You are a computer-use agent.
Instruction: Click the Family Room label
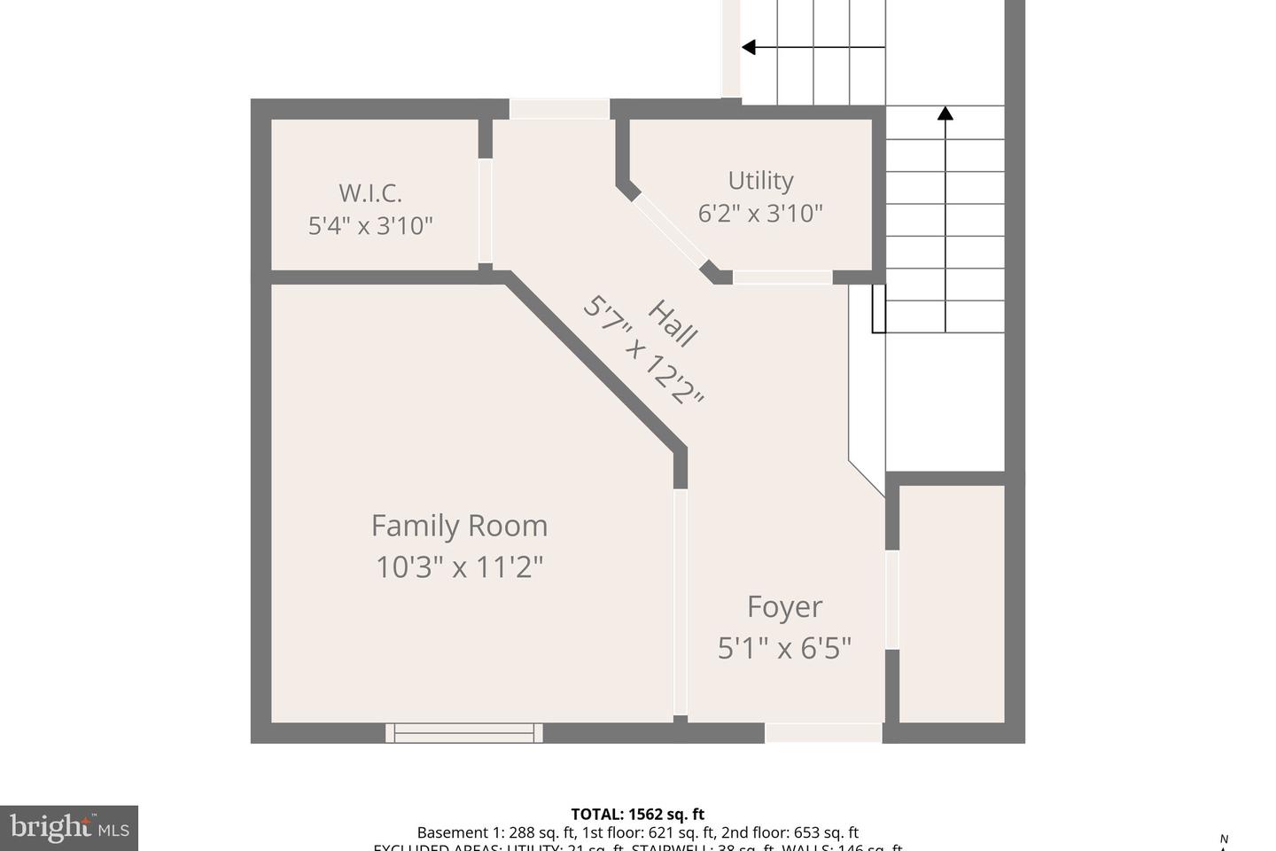[459, 526]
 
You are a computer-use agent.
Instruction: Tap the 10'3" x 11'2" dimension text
[459, 566]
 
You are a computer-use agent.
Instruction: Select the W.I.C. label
[370, 192]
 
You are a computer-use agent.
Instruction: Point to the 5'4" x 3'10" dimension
[370, 226]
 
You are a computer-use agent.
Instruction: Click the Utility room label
[760, 180]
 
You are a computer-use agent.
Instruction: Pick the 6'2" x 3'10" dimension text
[760, 214]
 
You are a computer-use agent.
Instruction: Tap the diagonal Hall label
[673, 324]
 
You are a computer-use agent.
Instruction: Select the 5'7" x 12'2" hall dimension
[643, 351]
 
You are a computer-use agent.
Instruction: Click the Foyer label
[784, 606]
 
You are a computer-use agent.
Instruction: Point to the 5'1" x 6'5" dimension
[784, 648]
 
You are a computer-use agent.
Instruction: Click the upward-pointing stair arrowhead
[945, 113]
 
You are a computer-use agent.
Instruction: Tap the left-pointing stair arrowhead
[748, 47]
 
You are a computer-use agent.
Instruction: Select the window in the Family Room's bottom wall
[464, 732]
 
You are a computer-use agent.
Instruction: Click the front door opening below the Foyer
[823, 732]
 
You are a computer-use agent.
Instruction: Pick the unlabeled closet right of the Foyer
[952, 603]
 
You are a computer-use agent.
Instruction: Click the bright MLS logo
[69, 828]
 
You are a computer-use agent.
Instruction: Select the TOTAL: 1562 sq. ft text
[637, 814]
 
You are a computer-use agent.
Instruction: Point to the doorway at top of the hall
[559, 108]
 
